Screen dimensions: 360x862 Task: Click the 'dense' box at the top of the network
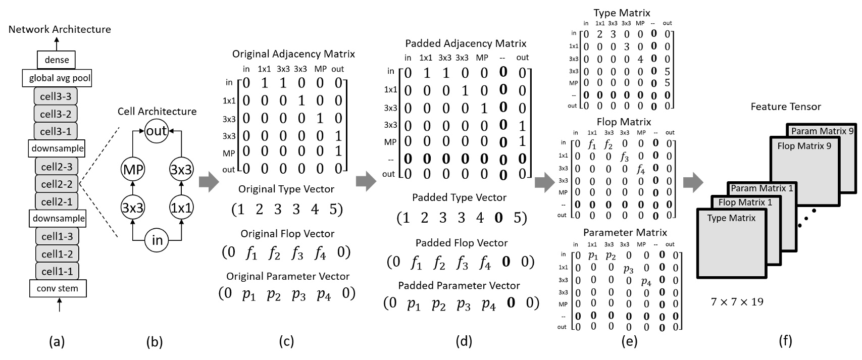click(x=57, y=60)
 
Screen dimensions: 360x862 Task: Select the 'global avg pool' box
click(x=57, y=78)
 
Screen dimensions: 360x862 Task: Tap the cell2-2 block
click(x=57, y=184)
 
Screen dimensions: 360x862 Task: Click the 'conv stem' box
click(x=57, y=289)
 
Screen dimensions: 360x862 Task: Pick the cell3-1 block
click(x=57, y=131)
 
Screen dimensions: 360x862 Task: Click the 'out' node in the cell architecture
click(x=157, y=131)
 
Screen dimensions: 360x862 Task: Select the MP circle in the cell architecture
click(x=132, y=171)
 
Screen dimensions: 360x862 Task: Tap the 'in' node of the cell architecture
click(x=157, y=241)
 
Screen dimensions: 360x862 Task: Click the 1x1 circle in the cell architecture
click(x=181, y=208)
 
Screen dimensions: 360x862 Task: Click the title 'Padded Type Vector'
click(x=459, y=197)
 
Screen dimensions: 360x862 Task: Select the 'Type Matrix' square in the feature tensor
click(x=731, y=242)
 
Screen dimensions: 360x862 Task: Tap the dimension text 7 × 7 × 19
click(x=737, y=302)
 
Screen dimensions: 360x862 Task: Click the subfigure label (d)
click(x=463, y=342)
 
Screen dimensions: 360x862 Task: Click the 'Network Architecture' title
click(x=60, y=29)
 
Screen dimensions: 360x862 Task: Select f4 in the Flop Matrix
click(x=641, y=169)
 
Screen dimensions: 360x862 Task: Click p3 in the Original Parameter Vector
click(x=298, y=294)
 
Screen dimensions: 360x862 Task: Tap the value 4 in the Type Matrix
click(x=640, y=59)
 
